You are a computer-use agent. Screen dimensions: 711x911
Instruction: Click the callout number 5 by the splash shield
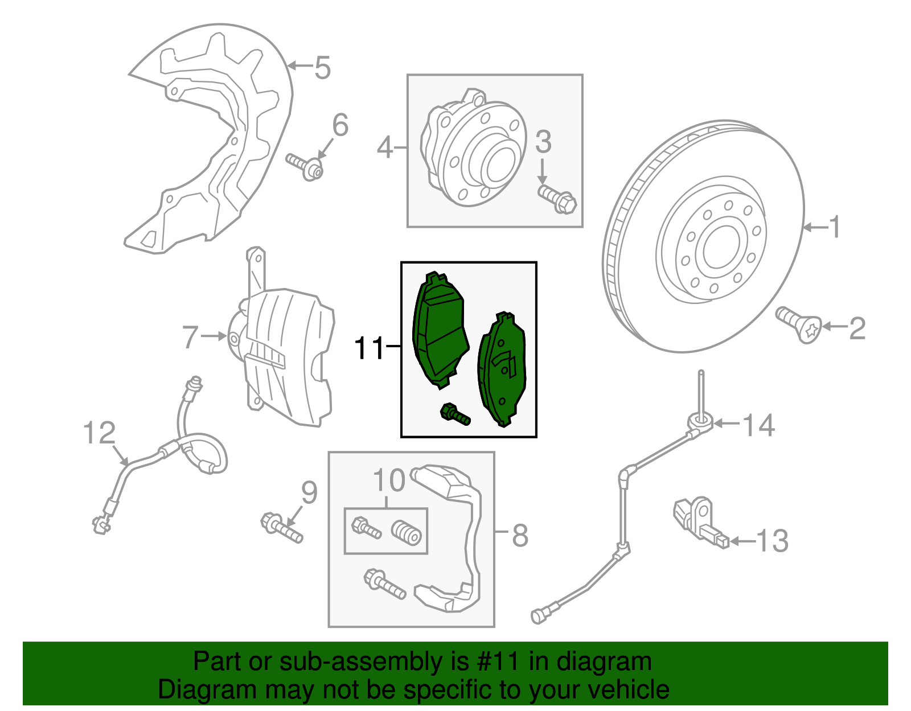(322, 68)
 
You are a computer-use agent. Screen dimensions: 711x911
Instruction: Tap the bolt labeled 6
(305, 165)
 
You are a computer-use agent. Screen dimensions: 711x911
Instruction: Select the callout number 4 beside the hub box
(385, 147)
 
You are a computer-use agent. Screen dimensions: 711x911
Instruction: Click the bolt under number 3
(557, 199)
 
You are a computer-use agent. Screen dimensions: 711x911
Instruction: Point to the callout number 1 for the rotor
(834, 228)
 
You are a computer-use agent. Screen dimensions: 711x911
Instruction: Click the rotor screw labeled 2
(800, 324)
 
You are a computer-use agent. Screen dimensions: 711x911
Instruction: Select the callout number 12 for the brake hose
(99, 433)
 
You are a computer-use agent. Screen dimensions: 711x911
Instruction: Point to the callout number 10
(389, 481)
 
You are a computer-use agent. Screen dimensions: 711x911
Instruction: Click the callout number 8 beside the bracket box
(520, 535)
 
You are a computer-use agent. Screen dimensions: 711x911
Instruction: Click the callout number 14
(759, 425)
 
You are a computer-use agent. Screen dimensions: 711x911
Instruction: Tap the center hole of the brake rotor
(722, 247)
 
